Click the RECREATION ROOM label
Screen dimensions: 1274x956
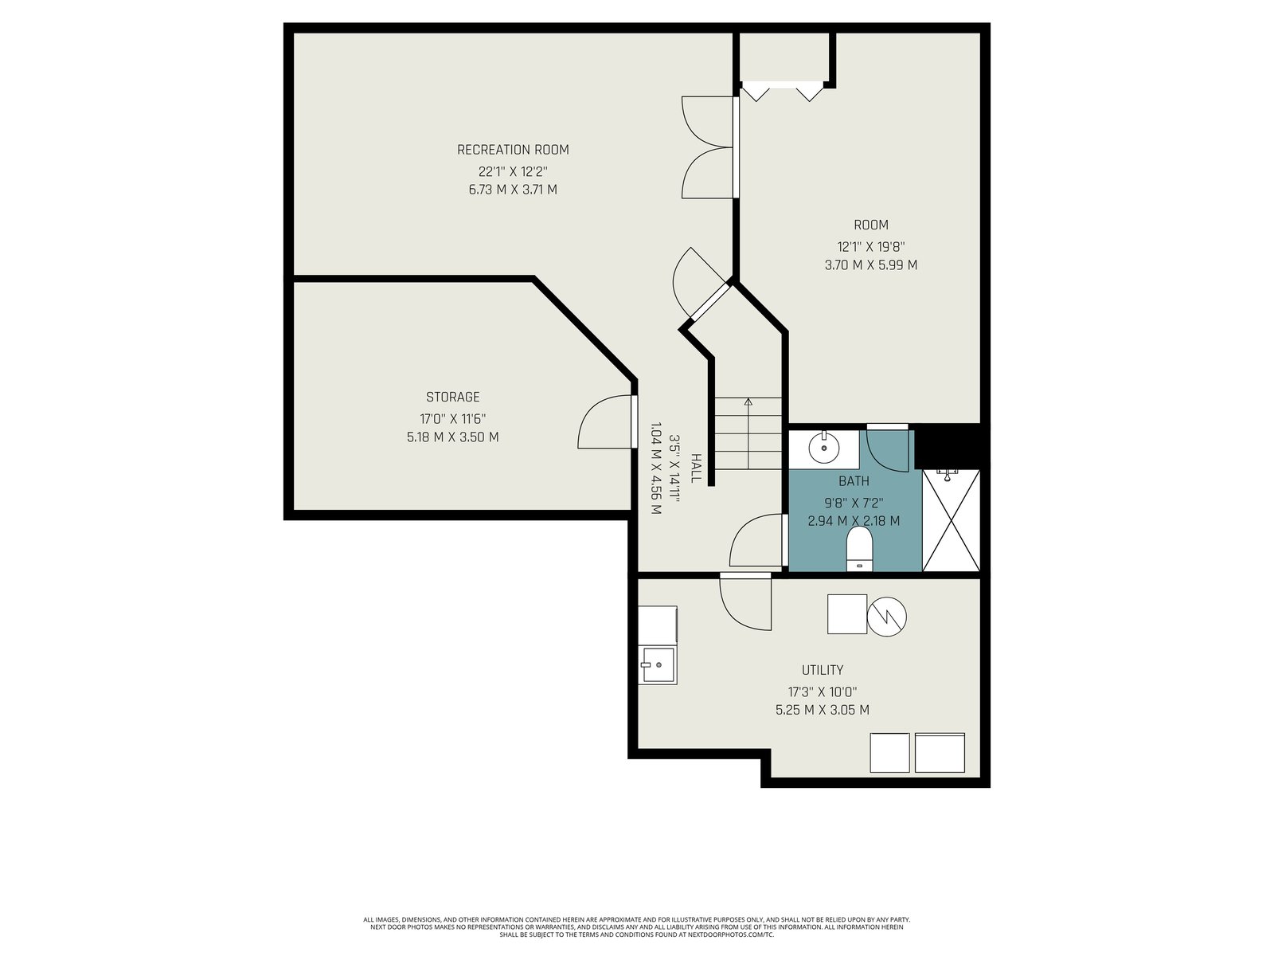click(513, 150)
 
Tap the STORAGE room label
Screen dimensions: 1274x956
click(453, 397)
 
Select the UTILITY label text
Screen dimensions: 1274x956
click(823, 670)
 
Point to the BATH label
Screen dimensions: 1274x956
click(854, 481)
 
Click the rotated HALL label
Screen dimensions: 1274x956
click(695, 468)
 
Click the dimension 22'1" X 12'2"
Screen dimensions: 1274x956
click(513, 172)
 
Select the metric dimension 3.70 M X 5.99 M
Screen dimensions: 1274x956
click(871, 265)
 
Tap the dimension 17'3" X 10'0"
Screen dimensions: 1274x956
click(823, 692)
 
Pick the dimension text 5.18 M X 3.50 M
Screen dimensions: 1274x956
click(453, 437)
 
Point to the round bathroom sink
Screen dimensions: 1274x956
click(824, 447)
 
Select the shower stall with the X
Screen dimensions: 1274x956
click(951, 520)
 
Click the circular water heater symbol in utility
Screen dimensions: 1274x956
click(887, 617)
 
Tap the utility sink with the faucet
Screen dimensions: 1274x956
click(658, 664)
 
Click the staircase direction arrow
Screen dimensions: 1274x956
click(748, 433)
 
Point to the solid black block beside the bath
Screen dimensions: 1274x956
click(948, 446)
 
